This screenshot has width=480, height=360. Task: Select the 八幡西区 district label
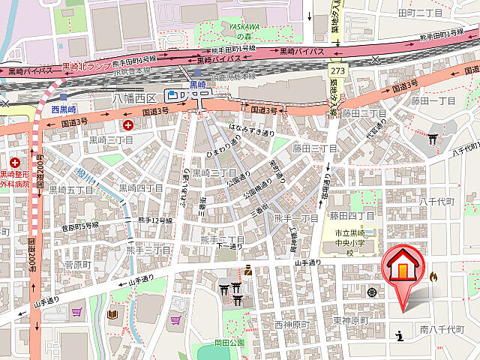pos(133,97)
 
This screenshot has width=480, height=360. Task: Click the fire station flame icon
pos(433,277)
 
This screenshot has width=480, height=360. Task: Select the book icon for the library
pos(113,314)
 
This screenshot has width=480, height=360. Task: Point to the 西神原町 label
pos(292,325)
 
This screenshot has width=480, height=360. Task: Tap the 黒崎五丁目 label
pos(71,190)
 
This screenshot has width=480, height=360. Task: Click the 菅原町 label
pos(77,265)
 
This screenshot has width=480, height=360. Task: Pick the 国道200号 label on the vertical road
pos(32,244)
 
